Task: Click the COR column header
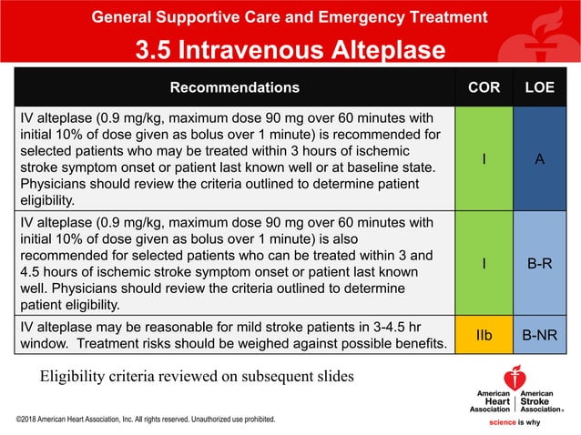484,88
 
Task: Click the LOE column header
540,88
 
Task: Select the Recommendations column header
235,88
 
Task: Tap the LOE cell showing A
540,159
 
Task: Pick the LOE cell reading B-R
540,264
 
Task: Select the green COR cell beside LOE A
484,159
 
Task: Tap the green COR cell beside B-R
484,264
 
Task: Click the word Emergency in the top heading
326,17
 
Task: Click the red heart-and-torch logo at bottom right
515,377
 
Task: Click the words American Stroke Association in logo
541,401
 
